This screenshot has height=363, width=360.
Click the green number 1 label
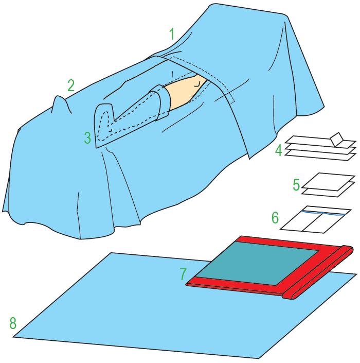tap(172, 34)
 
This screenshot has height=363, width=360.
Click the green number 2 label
tap(71, 85)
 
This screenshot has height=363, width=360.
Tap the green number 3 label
tap(87, 138)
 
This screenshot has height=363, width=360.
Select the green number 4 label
tap(279, 150)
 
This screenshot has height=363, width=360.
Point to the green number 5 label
tap(296, 185)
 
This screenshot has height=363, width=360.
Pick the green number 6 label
tap(275, 218)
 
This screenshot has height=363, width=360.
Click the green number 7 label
tap(183, 274)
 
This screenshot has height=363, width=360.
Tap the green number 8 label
tap(13, 323)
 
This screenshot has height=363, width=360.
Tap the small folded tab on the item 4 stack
tap(337, 139)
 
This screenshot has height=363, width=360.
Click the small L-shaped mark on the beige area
tap(197, 84)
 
